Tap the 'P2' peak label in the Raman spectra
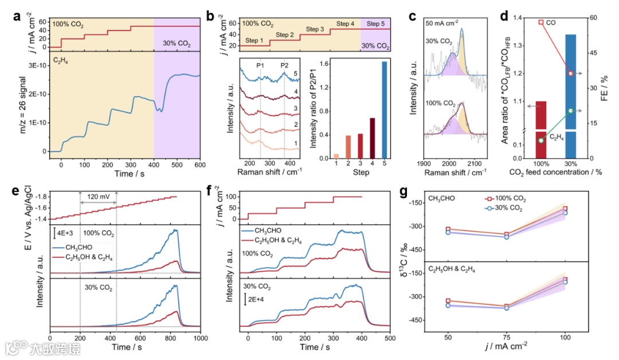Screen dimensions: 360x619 (284, 65)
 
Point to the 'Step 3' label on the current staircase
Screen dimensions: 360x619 (315, 29)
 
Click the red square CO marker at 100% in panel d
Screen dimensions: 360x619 (540, 22)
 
